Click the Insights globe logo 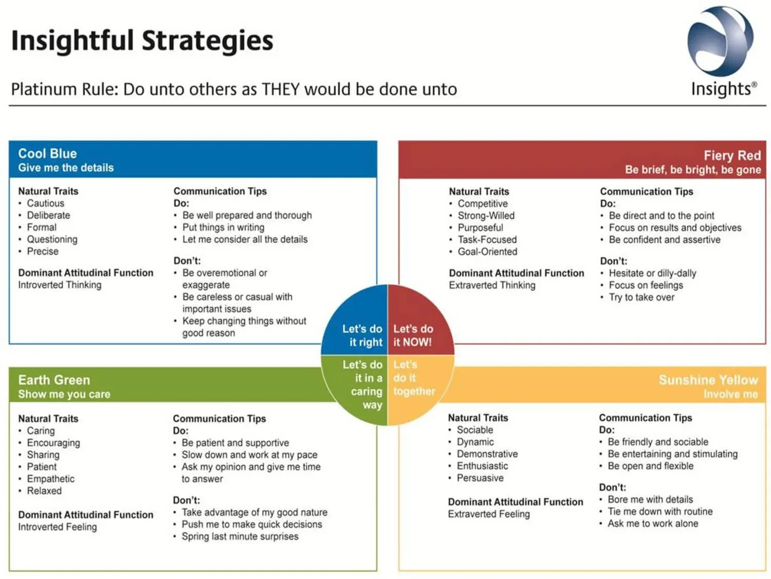[721, 41]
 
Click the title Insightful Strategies [142, 41]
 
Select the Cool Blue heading [47, 153]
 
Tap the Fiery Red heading [731, 155]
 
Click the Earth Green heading [54, 380]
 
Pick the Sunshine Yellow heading [708, 380]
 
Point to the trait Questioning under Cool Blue [52, 239]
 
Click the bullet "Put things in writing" [223, 227]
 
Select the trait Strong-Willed [486, 216]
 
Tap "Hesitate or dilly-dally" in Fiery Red [652, 273]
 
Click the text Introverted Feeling [57, 527]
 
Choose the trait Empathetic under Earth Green [50, 479]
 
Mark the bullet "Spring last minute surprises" [240, 536]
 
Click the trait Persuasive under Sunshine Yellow [480, 478]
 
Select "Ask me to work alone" [653, 523]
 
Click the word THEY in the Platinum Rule [281, 89]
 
